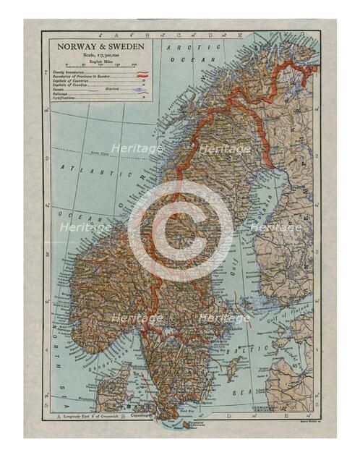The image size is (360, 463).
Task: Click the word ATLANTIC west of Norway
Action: (91, 171)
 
